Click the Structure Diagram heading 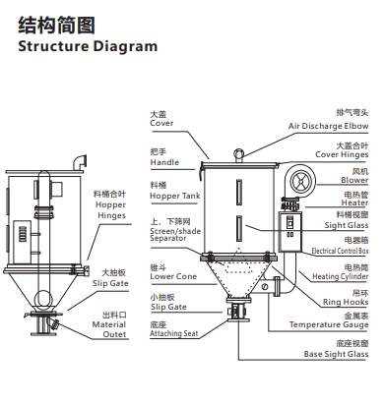click(x=88, y=46)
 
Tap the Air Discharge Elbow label click(x=328, y=126)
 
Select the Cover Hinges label click(x=342, y=154)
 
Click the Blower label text click(x=354, y=180)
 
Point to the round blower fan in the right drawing click(x=300, y=181)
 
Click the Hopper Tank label click(x=175, y=196)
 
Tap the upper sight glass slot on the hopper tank click(x=239, y=193)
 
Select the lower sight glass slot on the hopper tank click(x=239, y=228)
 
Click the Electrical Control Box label click(x=340, y=251)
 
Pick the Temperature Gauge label click(x=329, y=324)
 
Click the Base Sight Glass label click(x=336, y=354)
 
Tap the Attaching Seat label click(x=174, y=333)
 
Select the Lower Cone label click(x=173, y=276)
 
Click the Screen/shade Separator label click(x=175, y=235)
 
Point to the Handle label click(x=164, y=162)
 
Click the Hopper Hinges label click(x=110, y=210)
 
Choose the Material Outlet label click(x=109, y=329)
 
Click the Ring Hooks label click(x=346, y=302)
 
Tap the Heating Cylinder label click(x=340, y=276)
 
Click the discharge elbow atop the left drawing click(x=79, y=162)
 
